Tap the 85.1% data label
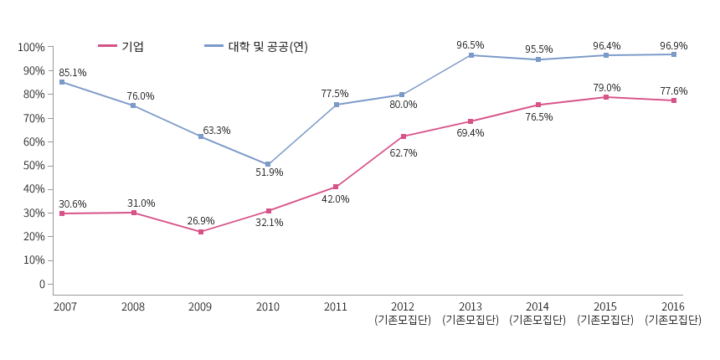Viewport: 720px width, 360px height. coord(73,73)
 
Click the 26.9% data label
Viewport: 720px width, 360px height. coord(201,221)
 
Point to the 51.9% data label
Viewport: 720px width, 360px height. coord(269,172)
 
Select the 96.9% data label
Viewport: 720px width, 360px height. coord(673,46)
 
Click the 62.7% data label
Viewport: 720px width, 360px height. coord(404,153)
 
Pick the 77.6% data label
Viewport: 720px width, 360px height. coord(673,91)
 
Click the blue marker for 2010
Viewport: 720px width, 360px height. coord(268,165)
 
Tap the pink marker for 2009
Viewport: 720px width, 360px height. coord(201,232)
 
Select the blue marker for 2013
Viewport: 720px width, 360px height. coord(471,55)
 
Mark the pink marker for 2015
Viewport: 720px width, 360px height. coord(606,97)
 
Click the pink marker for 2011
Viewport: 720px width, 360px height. coord(336,187)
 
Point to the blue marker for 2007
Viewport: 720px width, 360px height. coord(62,82)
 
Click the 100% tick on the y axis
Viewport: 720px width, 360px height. coord(31,48)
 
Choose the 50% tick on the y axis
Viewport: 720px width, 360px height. coord(33,166)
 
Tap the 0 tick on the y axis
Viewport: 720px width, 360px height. coord(41,284)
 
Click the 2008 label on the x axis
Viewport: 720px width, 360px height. coord(132,307)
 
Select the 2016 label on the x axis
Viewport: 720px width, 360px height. coord(673,307)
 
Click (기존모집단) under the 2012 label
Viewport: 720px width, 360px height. coord(403,320)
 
